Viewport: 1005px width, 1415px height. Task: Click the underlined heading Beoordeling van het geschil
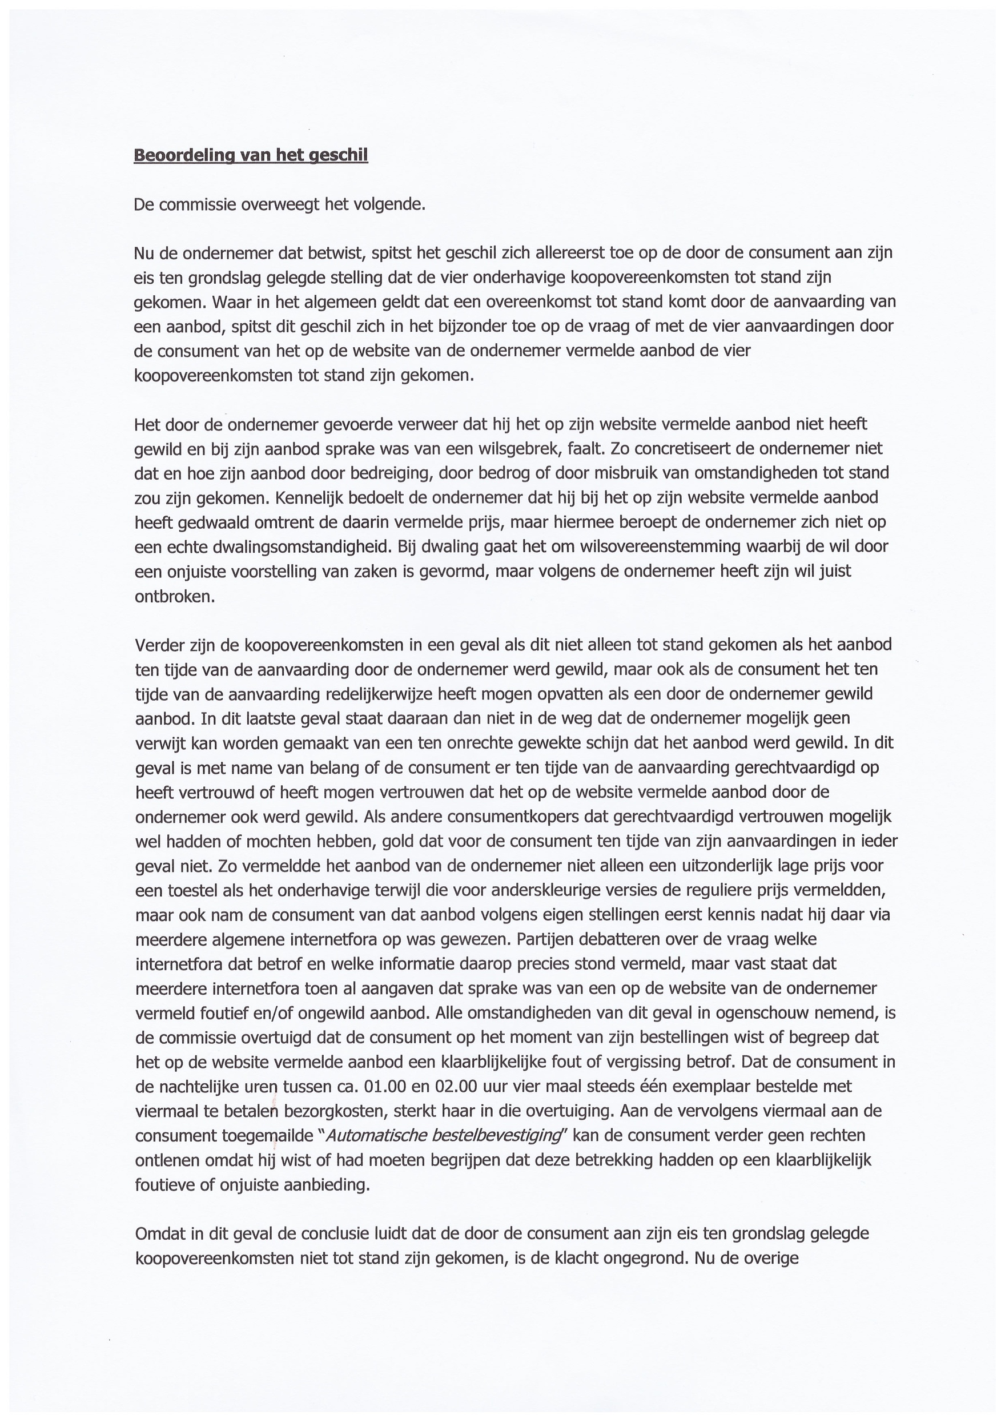[251, 155]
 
